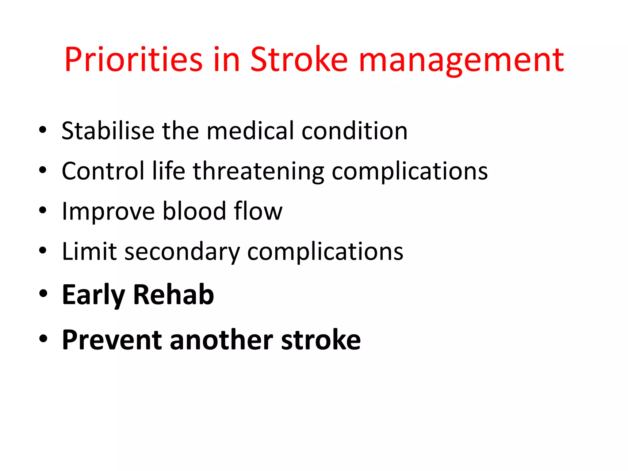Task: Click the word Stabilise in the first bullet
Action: pyautogui.click(x=108, y=131)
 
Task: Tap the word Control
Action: pyautogui.click(x=103, y=171)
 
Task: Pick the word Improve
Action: pyautogui.click(x=108, y=212)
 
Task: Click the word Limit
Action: pyautogui.click(x=89, y=251)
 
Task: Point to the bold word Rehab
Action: pyautogui.click(x=173, y=295)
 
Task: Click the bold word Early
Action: pyautogui.click(x=94, y=295)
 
